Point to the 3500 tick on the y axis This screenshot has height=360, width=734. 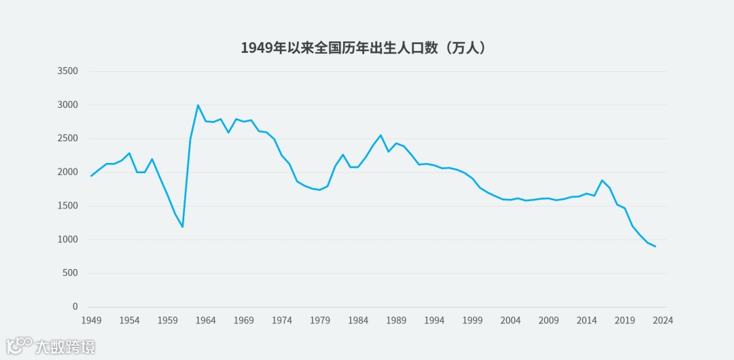68,71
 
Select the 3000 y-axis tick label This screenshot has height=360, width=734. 68,105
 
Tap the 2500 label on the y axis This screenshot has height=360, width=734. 68,139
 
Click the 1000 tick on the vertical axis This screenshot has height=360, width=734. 68,240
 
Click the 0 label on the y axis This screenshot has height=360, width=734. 75,307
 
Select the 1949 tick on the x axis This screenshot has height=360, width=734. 91,321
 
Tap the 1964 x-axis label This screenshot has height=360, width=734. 206,321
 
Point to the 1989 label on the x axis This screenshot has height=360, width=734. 396,321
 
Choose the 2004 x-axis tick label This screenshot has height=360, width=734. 511,321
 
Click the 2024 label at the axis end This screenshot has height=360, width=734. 663,321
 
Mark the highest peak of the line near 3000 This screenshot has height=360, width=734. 198,105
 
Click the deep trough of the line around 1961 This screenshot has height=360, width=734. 183,227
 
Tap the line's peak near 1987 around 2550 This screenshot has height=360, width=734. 381,135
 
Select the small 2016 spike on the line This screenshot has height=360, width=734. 602,180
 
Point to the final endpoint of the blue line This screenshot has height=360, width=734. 655,247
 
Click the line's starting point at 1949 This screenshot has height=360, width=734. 91,176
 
